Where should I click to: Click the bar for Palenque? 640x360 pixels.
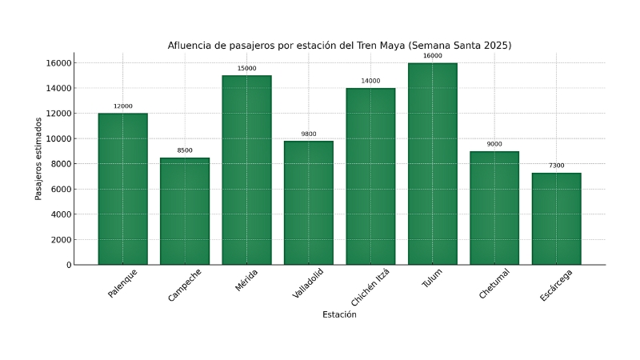(x=122, y=189)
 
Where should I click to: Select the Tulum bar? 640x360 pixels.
(x=432, y=164)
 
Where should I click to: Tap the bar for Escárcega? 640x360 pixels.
(x=556, y=218)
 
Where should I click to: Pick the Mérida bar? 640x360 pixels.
(x=246, y=170)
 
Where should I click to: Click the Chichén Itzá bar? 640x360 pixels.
(x=370, y=176)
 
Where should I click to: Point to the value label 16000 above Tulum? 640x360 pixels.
(x=432, y=56)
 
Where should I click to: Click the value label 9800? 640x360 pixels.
(x=309, y=134)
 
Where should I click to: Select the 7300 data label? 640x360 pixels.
(x=556, y=166)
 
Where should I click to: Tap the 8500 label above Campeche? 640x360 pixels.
(x=185, y=150)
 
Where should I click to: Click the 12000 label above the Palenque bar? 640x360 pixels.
(x=122, y=106)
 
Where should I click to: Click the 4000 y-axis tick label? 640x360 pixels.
(x=58, y=214)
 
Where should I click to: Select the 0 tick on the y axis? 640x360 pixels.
(x=68, y=265)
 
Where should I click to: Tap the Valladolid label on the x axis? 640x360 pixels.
(x=309, y=284)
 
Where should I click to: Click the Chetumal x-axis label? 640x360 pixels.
(x=494, y=284)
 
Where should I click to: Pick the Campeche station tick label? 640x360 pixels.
(x=185, y=285)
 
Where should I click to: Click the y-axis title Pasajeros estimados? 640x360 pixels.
(x=38, y=158)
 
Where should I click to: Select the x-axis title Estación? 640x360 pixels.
(x=339, y=314)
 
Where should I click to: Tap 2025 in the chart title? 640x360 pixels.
(x=494, y=46)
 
